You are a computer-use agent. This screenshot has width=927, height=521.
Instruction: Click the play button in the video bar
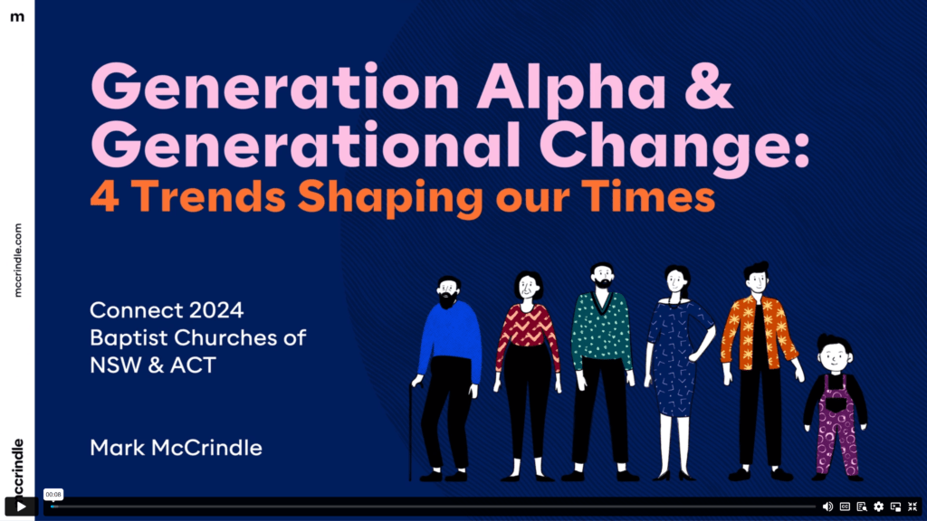(x=21, y=507)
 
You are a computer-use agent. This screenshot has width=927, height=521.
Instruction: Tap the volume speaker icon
(x=827, y=507)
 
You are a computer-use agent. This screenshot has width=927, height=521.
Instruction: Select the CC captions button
(x=845, y=507)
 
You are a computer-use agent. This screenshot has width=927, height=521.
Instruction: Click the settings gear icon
(x=878, y=507)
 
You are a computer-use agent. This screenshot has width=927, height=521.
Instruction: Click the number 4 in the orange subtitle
(x=105, y=196)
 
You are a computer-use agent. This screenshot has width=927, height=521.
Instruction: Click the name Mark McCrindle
(x=176, y=448)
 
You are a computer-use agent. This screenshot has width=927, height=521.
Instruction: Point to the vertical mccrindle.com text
(x=18, y=260)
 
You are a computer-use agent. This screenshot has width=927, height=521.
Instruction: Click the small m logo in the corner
(x=17, y=17)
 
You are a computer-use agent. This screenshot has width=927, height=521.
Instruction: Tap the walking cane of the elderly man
(x=410, y=431)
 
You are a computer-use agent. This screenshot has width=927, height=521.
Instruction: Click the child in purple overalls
(x=835, y=408)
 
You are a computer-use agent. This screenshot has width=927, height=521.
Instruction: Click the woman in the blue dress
(x=677, y=372)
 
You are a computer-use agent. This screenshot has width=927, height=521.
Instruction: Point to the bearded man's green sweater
(x=602, y=331)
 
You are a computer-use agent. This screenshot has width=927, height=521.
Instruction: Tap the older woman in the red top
(x=528, y=375)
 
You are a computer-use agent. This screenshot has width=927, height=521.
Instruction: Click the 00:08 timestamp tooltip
(x=53, y=495)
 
